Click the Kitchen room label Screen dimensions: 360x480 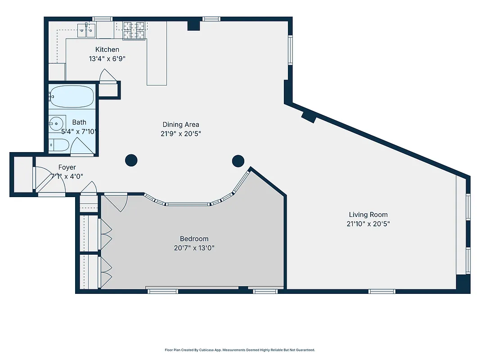click(x=107, y=49)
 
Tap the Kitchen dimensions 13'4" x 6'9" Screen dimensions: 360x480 click(x=107, y=58)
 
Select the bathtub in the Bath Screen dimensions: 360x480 click(x=72, y=96)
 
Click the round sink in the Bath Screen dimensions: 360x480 click(x=56, y=123)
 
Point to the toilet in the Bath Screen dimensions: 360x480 click(x=59, y=145)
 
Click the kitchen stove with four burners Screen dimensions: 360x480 click(x=135, y=30)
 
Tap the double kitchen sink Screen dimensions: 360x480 click(x=86, y=31)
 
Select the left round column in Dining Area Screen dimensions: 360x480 click(x=131, y=160)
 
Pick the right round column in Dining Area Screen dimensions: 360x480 click(x=238, y=160)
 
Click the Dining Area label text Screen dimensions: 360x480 click(x=181, y=125)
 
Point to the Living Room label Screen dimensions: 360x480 click(x=368, y=215)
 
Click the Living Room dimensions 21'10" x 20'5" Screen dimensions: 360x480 click(x=368, y=224)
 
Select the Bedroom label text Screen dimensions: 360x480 click(x=194, y=238)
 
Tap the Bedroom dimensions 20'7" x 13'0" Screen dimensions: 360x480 click(x=194, y=247)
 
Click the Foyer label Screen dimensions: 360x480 click(x=67, y=167)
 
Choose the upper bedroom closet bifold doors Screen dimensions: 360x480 click(x=106, y=233)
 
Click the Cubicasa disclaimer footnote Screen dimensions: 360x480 click(x=240, y=350)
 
